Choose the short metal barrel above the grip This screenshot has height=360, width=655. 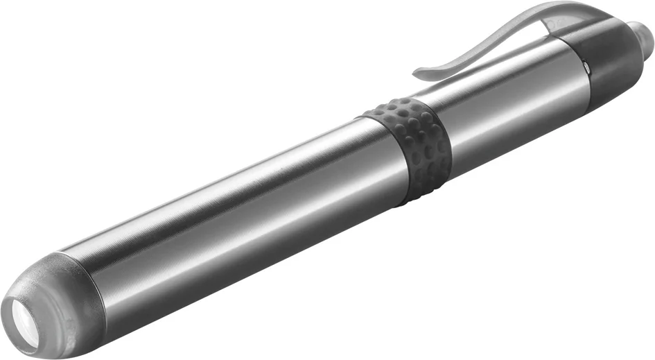pyautogui.click(x=506, y=104)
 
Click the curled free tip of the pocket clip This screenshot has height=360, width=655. pyautogui.click(x=420, y=72)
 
